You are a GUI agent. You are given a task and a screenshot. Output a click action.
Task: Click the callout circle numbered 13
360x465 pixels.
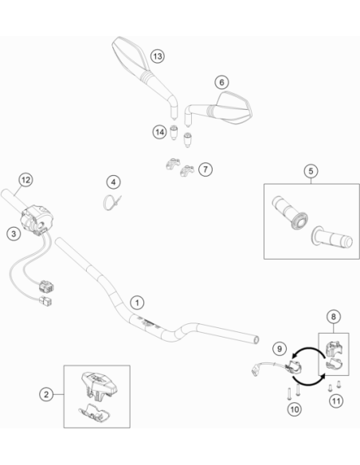click(x=158, y=56)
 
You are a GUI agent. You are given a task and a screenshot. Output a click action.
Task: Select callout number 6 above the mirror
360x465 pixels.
click(x=221, y=82)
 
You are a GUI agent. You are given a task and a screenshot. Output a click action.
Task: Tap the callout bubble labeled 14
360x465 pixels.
click(x=160, y=132)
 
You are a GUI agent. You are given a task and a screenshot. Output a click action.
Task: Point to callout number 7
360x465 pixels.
click(x=205, y=170)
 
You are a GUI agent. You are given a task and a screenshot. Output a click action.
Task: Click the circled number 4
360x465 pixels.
click(x=114, y=182)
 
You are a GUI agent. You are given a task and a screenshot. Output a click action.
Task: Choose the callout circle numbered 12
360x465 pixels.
click(x=25, y=180)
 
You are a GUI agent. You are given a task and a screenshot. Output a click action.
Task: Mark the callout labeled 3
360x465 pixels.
click(x=14, y=233)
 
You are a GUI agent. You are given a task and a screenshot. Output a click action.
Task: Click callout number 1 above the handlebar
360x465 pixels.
click(x=137, y=303)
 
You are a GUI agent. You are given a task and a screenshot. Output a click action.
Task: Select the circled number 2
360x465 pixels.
click(x=46, y=394)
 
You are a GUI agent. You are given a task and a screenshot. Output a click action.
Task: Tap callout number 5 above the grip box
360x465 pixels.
click(x=311, y=171)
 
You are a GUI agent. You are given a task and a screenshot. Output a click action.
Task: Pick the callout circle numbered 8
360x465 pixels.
click(x=334, y=317)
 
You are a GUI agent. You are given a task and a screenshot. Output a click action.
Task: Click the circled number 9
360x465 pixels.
click(x=280, y=349)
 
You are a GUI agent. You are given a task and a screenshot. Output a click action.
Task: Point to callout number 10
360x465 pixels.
click(x=295, y=409)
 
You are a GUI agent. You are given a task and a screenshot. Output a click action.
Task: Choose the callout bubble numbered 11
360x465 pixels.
click(x=336, y=401)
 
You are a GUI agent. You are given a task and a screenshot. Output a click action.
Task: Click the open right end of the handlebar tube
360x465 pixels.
click(x=256, y=340)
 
